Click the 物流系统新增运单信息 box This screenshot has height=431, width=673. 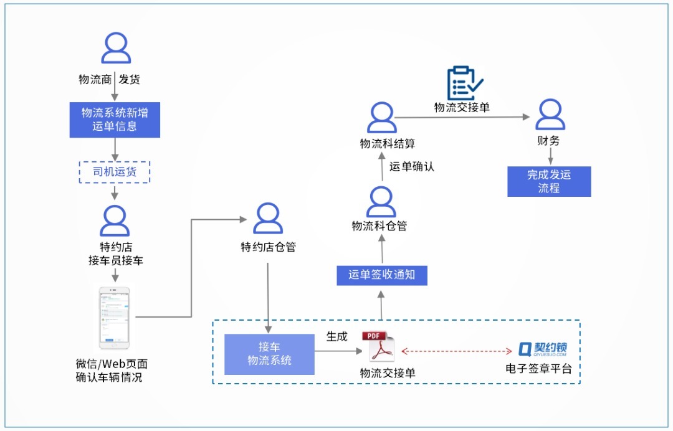[114, 120]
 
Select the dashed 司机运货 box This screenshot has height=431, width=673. [114, 172]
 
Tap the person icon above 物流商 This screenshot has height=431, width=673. [115, 49]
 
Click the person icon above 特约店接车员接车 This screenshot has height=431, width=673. [115, 220]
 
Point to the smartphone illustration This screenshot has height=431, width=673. [114, 318]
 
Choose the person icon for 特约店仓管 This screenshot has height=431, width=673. [268, 219]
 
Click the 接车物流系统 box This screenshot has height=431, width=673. [269, 354]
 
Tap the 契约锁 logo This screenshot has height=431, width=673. [543, 349]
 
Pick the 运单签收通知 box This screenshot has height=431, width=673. [382, 274]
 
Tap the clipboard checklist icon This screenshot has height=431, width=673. [464, 83]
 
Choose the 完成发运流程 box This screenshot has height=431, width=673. [549, 181]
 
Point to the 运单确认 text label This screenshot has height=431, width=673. [412, 166]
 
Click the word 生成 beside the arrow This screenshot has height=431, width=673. [337, 336]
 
